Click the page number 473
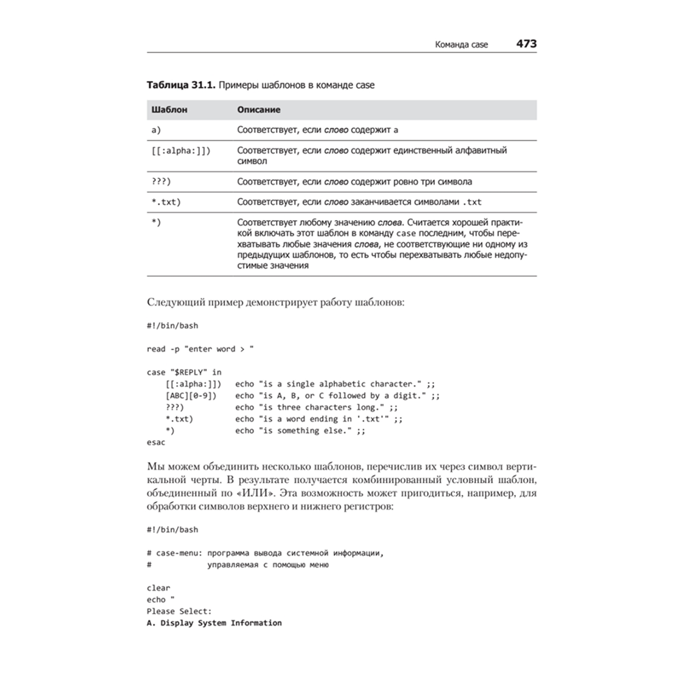pyautogui.click(x=526, y=43)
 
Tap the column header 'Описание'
pyautogui.click(x=259, y=110)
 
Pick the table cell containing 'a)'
pyautogui.click(x=157, y=130)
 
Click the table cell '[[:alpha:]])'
pyautogui.click(x=180, y=150)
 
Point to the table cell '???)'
pyautogui.click(x=161, y=182)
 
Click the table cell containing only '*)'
pyautogui.click(x=157, y=222)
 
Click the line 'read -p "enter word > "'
pyautogui.click(x=201, y=349)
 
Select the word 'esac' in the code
pyautogui.click(x=156, y=442)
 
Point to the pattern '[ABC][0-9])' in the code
pyautogui.click(x=191, y=396)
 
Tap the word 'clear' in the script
pyautogui.click(x=159, y=588)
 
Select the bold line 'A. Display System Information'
pyautogui.click(x=214, y=623)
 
